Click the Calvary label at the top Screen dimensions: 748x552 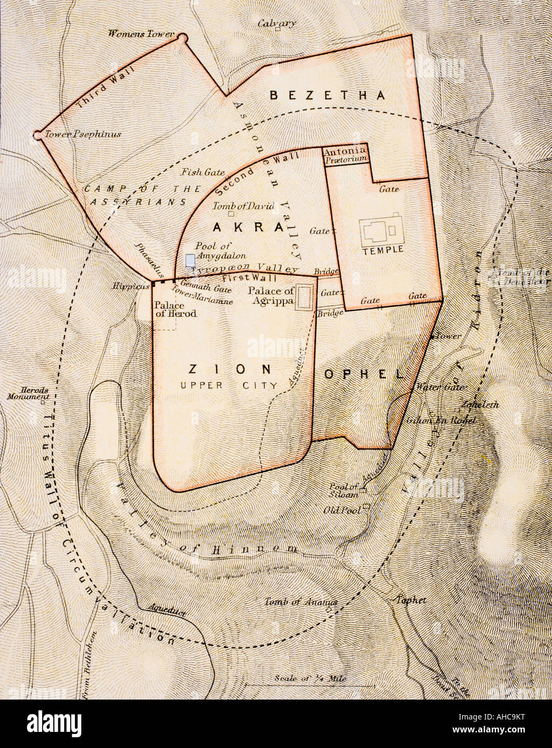pos(276,23)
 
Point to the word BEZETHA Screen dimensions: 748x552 pos(327,96)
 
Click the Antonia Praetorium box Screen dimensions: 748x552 pos(345,156)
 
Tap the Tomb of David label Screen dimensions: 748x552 pos(244,206)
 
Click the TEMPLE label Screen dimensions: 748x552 pos(383,250)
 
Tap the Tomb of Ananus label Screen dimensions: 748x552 pos(301,602)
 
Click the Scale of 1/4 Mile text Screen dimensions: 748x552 pos(310,679)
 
